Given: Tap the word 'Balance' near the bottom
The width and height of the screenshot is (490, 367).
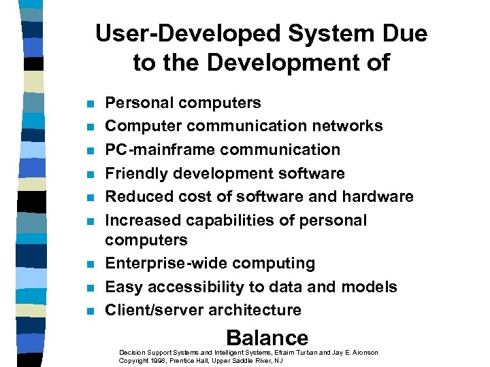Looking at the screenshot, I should (267, 338).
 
